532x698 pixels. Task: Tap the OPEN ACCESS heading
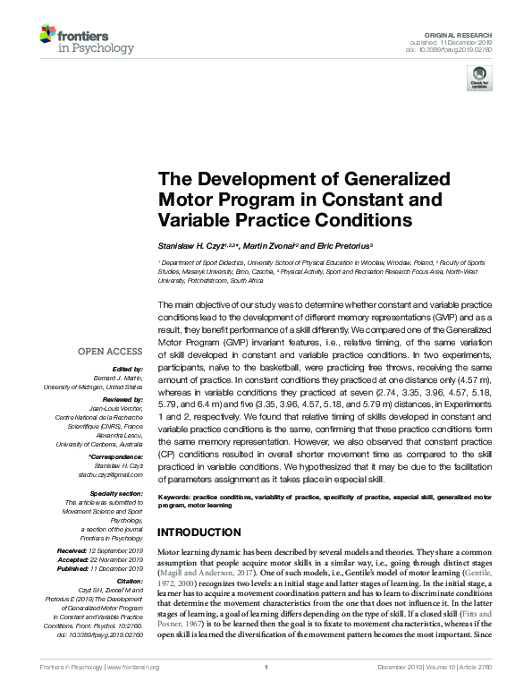[x=111, y=352]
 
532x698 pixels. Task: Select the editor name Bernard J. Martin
[x=122, y=379]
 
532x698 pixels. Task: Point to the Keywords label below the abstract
[x=175, y=496]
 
